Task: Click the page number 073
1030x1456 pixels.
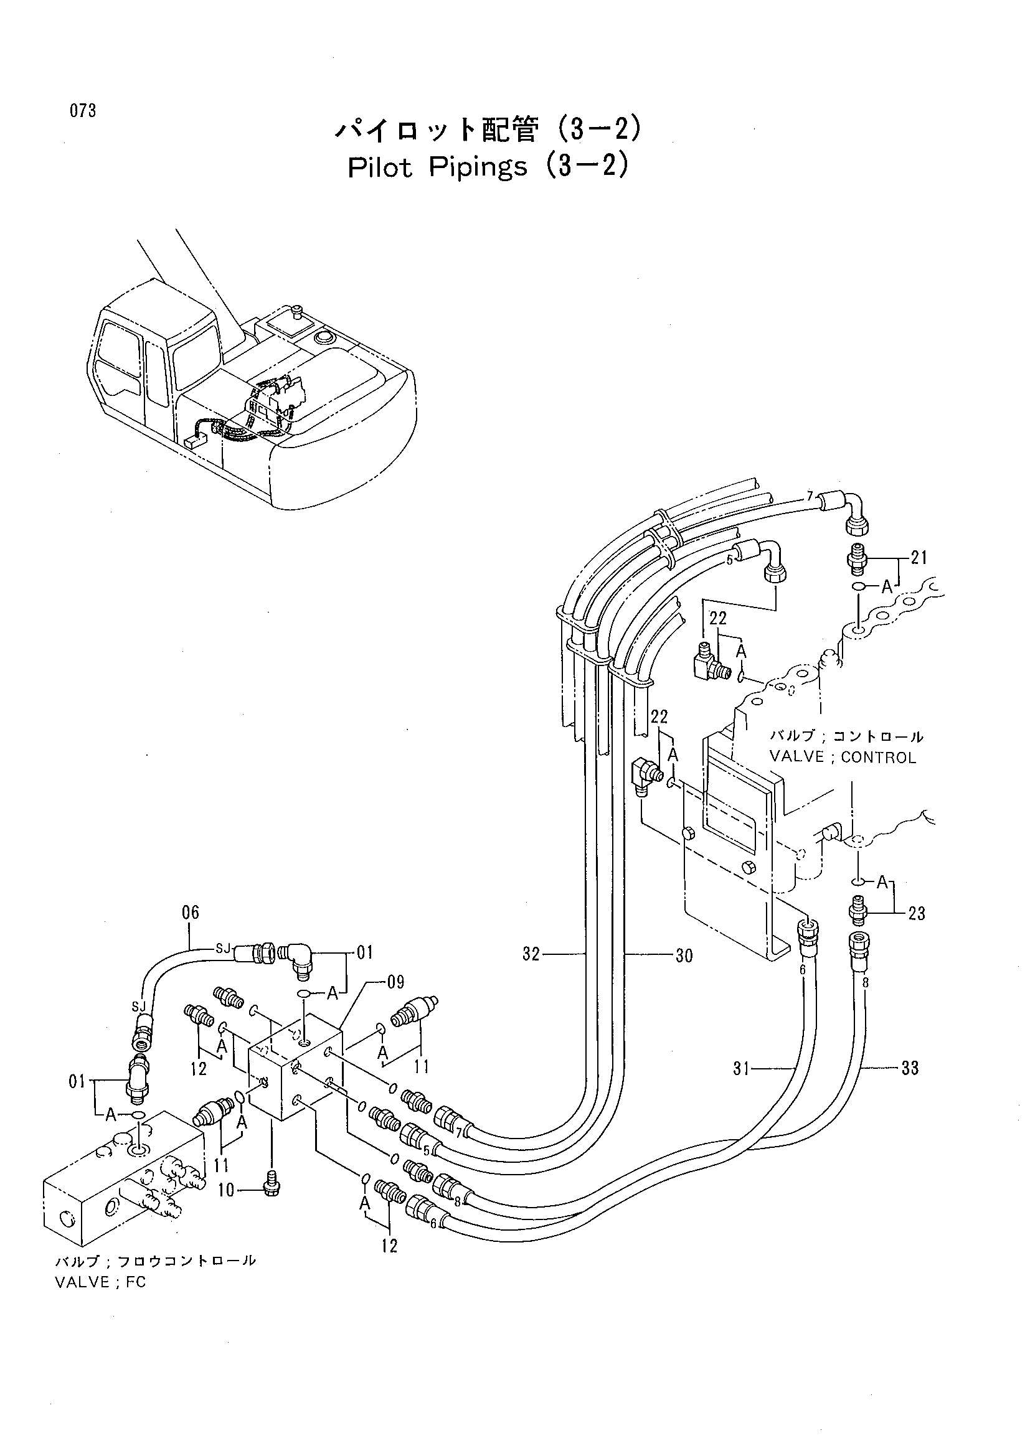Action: coord(83,111)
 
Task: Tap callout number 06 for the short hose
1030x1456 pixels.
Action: coord(191,913)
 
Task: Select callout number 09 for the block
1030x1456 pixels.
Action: coord(395,983)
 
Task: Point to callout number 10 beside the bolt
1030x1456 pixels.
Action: coord(227,1191)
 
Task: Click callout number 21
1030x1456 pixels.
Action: coord(919,557)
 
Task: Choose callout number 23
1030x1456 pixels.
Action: coord(917,914)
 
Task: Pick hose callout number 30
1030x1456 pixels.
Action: coord(684,955)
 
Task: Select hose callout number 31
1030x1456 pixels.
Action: coord(742,1069)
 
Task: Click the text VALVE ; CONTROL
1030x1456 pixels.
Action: coord(843,757)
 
